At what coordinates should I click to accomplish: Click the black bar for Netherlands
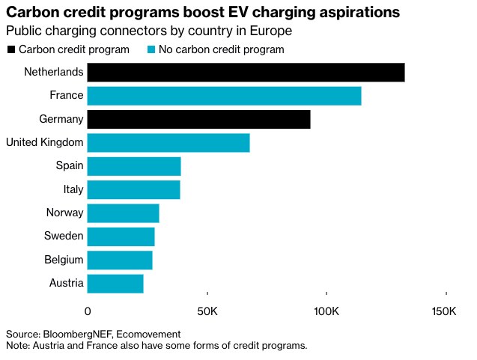tap(246, 73)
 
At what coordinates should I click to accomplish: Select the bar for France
tap(224, 96)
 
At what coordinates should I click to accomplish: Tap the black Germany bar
tap(198, 119)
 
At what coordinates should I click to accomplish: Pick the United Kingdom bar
tap(168, 143)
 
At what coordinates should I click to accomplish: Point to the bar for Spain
tap(134, 166)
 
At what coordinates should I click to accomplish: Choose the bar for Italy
tap(133, 189)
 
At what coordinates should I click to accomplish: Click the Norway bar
tap(123, 213)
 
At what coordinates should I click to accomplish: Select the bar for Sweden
tap(121, 237)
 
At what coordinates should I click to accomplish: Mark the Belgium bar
tap(120, 260)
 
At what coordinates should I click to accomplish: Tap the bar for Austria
tap(115, 284)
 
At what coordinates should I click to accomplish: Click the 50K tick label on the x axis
tap(207, 311)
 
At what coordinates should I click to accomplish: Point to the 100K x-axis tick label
tap(326, 311)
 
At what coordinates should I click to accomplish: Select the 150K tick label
tap(444, 311)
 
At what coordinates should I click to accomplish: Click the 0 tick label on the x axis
tap(88, 311)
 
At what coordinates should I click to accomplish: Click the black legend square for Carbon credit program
tap(10, 49)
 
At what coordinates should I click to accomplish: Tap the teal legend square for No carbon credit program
tap(151, 49)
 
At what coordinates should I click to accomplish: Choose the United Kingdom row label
tap(44, 143)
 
